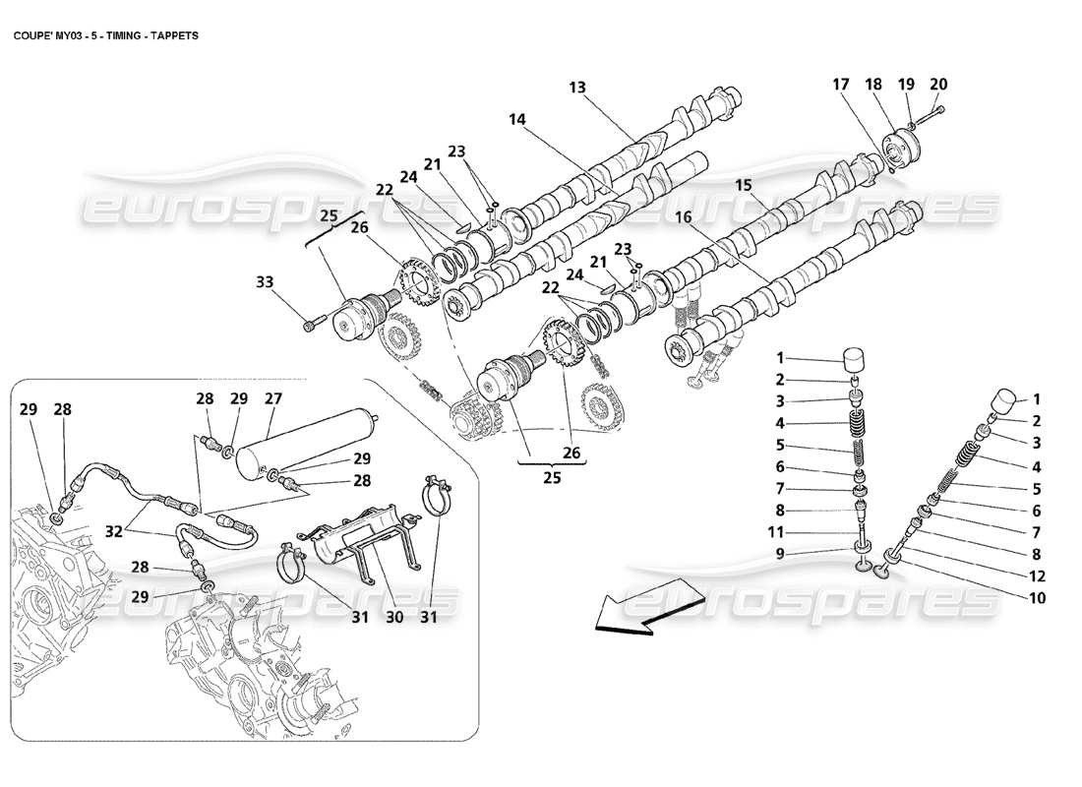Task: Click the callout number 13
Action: [577, 88]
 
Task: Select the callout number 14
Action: [517, 119]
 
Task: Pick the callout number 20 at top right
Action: [938, 84]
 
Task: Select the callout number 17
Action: [840, 84]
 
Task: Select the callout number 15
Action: [744, 184]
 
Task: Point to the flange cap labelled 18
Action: [898, 149]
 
